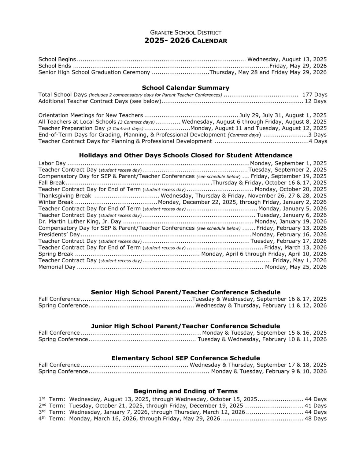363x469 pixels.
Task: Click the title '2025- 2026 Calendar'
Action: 186,41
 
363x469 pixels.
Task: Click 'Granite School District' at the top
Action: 186,32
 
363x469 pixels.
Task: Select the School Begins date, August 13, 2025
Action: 287,59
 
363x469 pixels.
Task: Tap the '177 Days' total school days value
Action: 315,95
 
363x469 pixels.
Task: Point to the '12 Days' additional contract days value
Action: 316,101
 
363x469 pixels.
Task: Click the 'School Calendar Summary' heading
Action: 186,88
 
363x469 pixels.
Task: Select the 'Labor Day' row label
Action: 52,163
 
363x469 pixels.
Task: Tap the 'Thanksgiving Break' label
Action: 65,196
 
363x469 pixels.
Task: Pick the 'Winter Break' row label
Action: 56,202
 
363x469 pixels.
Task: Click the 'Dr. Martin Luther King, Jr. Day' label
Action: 80,222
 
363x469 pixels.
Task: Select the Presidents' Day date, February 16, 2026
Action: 289,234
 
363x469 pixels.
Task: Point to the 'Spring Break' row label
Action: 56,254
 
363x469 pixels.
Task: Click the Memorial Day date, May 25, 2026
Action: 296,267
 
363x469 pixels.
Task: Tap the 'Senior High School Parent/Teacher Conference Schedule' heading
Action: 186,292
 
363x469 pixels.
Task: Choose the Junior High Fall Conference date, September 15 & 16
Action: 264,333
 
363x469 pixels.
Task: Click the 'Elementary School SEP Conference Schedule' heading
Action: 186,358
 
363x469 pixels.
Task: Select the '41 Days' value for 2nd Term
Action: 316,406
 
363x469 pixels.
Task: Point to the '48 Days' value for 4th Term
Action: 316,419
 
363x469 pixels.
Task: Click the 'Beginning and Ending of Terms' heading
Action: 186,391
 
